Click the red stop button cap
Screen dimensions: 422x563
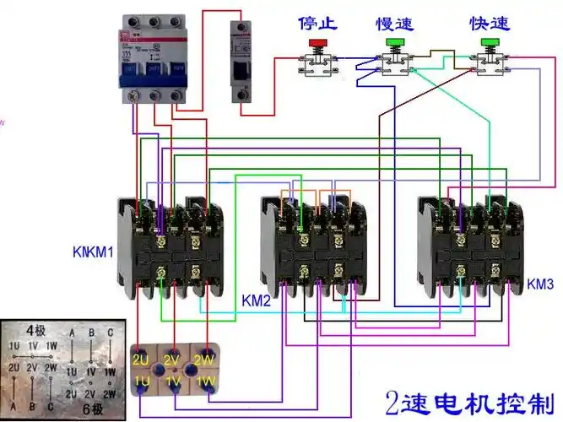[317, 41]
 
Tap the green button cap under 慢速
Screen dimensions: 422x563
[393, 41]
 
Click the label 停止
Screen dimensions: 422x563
[317, 23]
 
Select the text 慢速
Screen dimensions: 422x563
[393, 23]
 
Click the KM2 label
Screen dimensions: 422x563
[255, 302]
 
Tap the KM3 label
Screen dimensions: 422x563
[540, 286]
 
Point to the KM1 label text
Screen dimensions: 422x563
[94, 252]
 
